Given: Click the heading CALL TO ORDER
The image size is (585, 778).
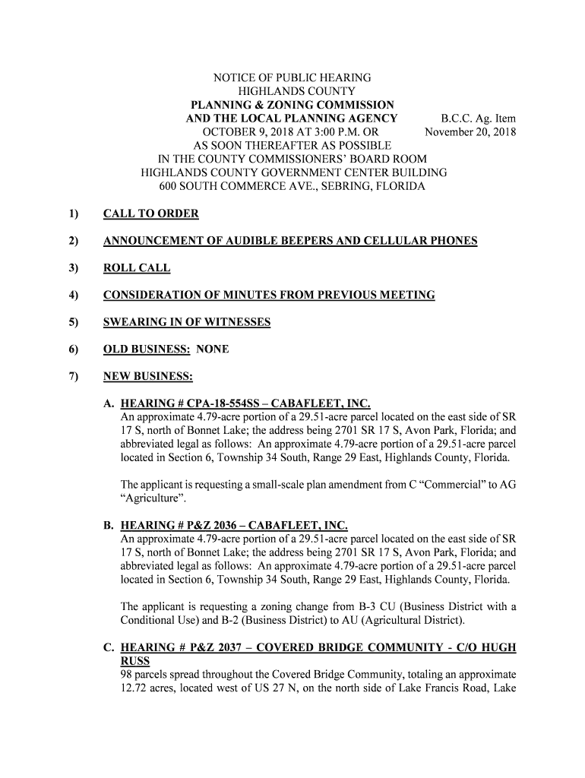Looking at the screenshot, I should point(150,214).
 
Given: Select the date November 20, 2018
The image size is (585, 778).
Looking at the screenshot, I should point(470,132).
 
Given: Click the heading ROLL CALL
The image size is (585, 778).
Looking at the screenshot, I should point(137,268).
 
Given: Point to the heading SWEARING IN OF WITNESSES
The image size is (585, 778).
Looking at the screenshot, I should point(187,322).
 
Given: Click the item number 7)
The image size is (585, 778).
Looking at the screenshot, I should point(74,377).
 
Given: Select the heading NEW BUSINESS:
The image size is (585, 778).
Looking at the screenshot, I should point(148,377).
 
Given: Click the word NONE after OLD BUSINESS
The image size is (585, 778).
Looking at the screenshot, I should point(212,349).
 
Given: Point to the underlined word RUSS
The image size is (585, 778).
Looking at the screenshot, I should point(135,661).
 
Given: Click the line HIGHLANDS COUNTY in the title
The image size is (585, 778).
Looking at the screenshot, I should point(292,91).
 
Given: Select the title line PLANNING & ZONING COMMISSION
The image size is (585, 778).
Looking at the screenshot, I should point(292,105).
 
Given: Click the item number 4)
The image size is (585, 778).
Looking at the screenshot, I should point(74,296).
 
